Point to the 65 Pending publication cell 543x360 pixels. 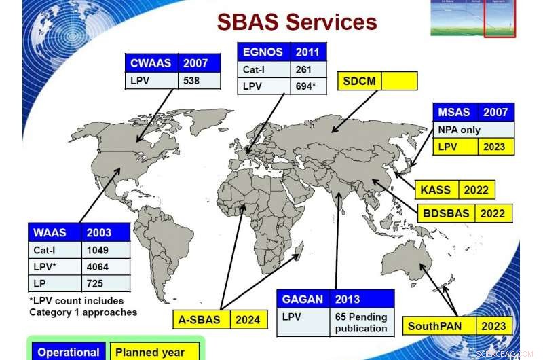point(362,322)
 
